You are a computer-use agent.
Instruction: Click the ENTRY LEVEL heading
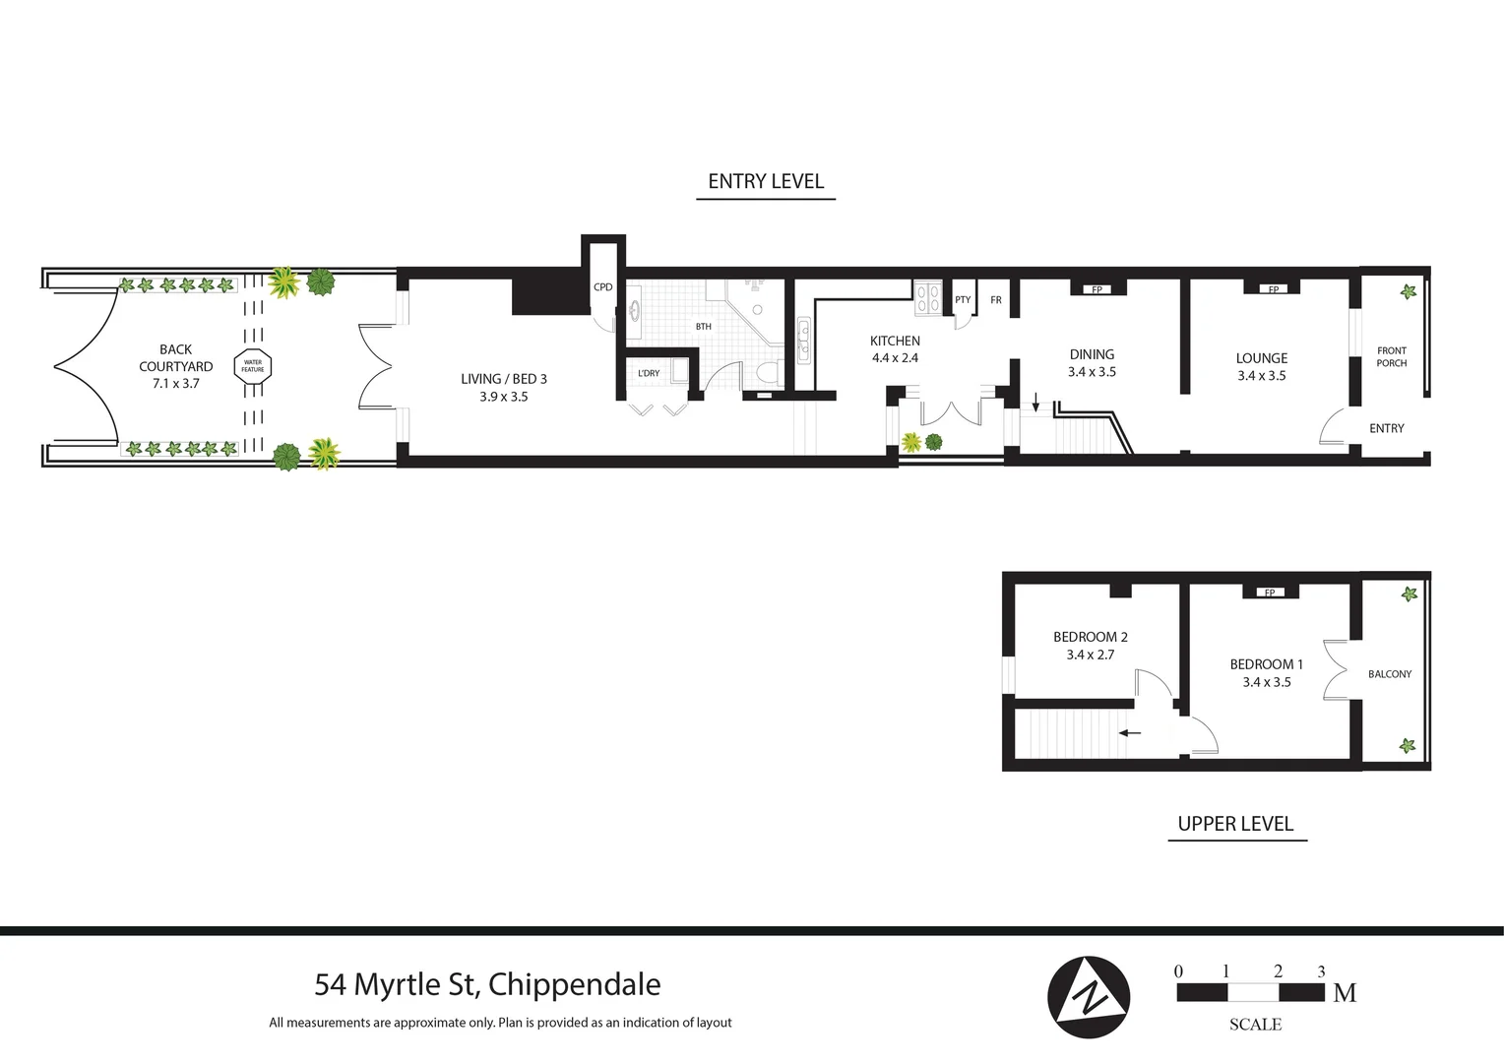(766, 182)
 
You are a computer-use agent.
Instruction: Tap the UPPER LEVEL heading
(1235, 824)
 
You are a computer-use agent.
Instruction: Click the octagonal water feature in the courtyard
(253, 366)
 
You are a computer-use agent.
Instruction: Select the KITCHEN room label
(895, 342)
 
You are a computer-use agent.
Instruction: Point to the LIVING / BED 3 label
(504, 379)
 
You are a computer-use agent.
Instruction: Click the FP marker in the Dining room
(1097, 289)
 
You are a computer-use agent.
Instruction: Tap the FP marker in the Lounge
(1273, 289)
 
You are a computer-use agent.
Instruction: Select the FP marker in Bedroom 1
(1270, 593)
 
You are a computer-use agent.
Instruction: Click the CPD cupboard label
(603, 287)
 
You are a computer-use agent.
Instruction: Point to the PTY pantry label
(963, 300)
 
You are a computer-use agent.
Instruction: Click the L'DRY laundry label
(649, 373)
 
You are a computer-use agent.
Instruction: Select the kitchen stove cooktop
(928, 298)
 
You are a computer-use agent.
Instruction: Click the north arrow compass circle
(1089, 997)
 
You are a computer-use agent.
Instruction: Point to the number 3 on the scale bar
(1321, 971)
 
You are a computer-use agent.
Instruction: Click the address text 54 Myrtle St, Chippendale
(487, 984)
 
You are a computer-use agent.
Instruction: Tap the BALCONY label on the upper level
(1389, 674)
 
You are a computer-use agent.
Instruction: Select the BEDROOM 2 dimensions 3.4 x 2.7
(1091, 655)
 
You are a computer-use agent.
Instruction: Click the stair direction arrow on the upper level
(1130, 732)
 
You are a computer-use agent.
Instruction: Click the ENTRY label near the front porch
(1386, 428)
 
